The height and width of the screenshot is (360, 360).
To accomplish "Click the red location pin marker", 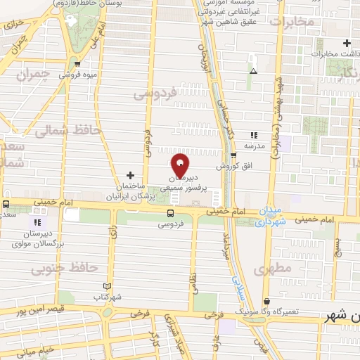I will pyautogui.click(x=180, y=164).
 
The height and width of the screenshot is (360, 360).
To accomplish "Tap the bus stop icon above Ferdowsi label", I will pyautogui.click(x=171, y=213).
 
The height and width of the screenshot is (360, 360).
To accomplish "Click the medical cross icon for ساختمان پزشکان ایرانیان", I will pyautogui.click(x=130, y=174).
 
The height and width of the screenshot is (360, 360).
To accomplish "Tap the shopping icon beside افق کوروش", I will pyautogui.click(x=233, y=155).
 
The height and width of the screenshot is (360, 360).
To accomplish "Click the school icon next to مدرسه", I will pyautogui.click(x=254, y=135).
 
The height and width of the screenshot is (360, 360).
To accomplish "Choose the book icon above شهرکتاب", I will pyautogui.click(x=107, y=286).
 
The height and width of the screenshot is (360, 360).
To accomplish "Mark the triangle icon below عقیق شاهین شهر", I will pyautogui.click(x=253, y=71).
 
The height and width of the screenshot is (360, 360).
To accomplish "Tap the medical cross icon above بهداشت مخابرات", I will pyautogui.click(x=347, y=44).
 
